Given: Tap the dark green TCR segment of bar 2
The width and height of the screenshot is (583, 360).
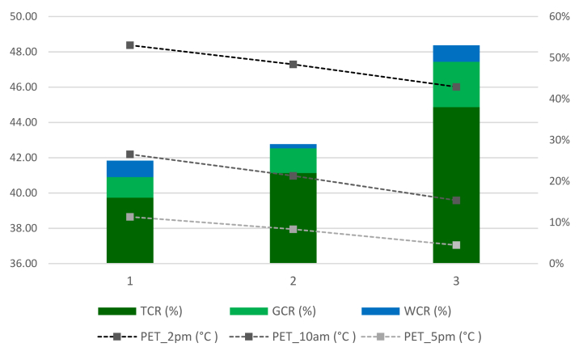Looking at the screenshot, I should click(294, 218).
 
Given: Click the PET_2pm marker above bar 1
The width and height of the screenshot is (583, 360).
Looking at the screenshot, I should click(130, 45).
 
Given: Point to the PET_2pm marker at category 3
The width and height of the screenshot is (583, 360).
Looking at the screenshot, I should click(456, 87).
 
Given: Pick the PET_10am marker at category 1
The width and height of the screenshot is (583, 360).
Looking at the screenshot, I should click(130, 155).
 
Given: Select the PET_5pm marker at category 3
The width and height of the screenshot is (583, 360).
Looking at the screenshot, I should click(456, 245).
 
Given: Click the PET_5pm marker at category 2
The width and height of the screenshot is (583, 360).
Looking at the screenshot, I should click(294, 230).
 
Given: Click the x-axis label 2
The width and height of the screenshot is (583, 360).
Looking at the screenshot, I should click(294, 281).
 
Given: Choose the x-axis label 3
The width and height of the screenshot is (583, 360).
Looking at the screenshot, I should click(456, 281).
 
